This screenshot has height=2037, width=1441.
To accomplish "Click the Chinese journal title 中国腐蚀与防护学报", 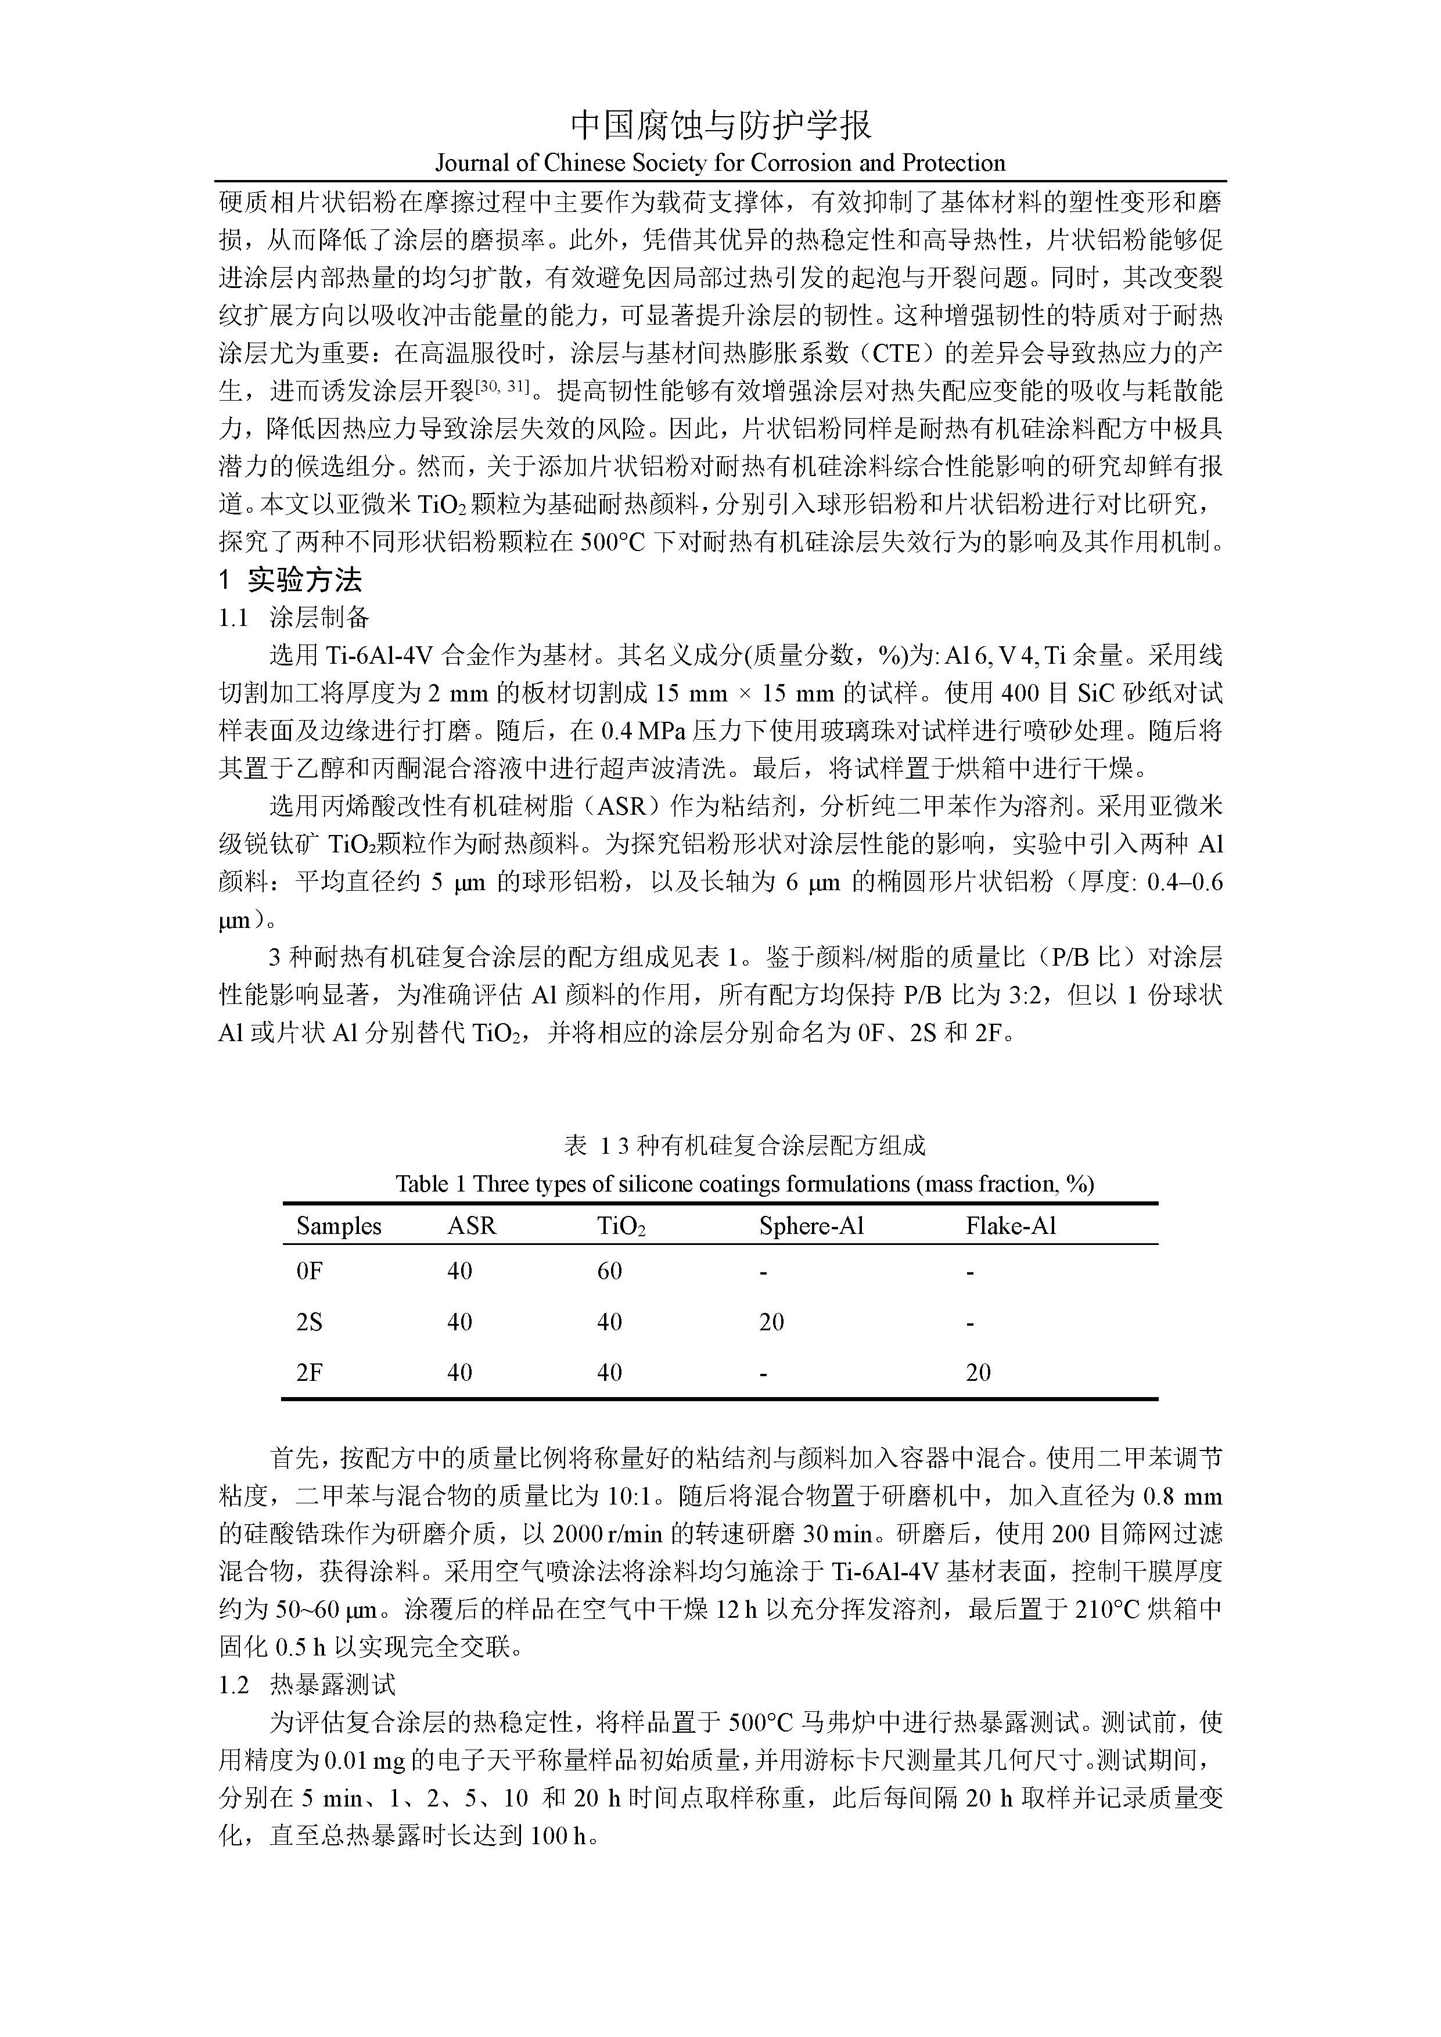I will [x=720, y=125].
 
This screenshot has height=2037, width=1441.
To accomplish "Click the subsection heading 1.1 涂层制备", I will [x=294, y=618].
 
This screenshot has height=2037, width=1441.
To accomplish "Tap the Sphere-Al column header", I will [x=811, y=1226].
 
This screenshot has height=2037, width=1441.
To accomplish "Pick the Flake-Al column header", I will [x=1011, y=1226].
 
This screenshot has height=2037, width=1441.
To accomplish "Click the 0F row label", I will [x=309, y=1271].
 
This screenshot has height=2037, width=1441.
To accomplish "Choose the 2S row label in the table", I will [x=309, y=1322].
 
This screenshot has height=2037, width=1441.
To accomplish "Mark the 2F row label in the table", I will [x=309, y=1373].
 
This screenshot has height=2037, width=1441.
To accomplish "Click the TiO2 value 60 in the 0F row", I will [x=609, y=1271].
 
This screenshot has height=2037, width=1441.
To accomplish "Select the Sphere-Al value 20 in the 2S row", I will [x=771, y=1322].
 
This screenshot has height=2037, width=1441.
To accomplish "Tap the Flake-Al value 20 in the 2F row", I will [x=978, y=1373].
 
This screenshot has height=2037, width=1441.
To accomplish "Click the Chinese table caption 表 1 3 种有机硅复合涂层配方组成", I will [x=745, y=1145].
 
